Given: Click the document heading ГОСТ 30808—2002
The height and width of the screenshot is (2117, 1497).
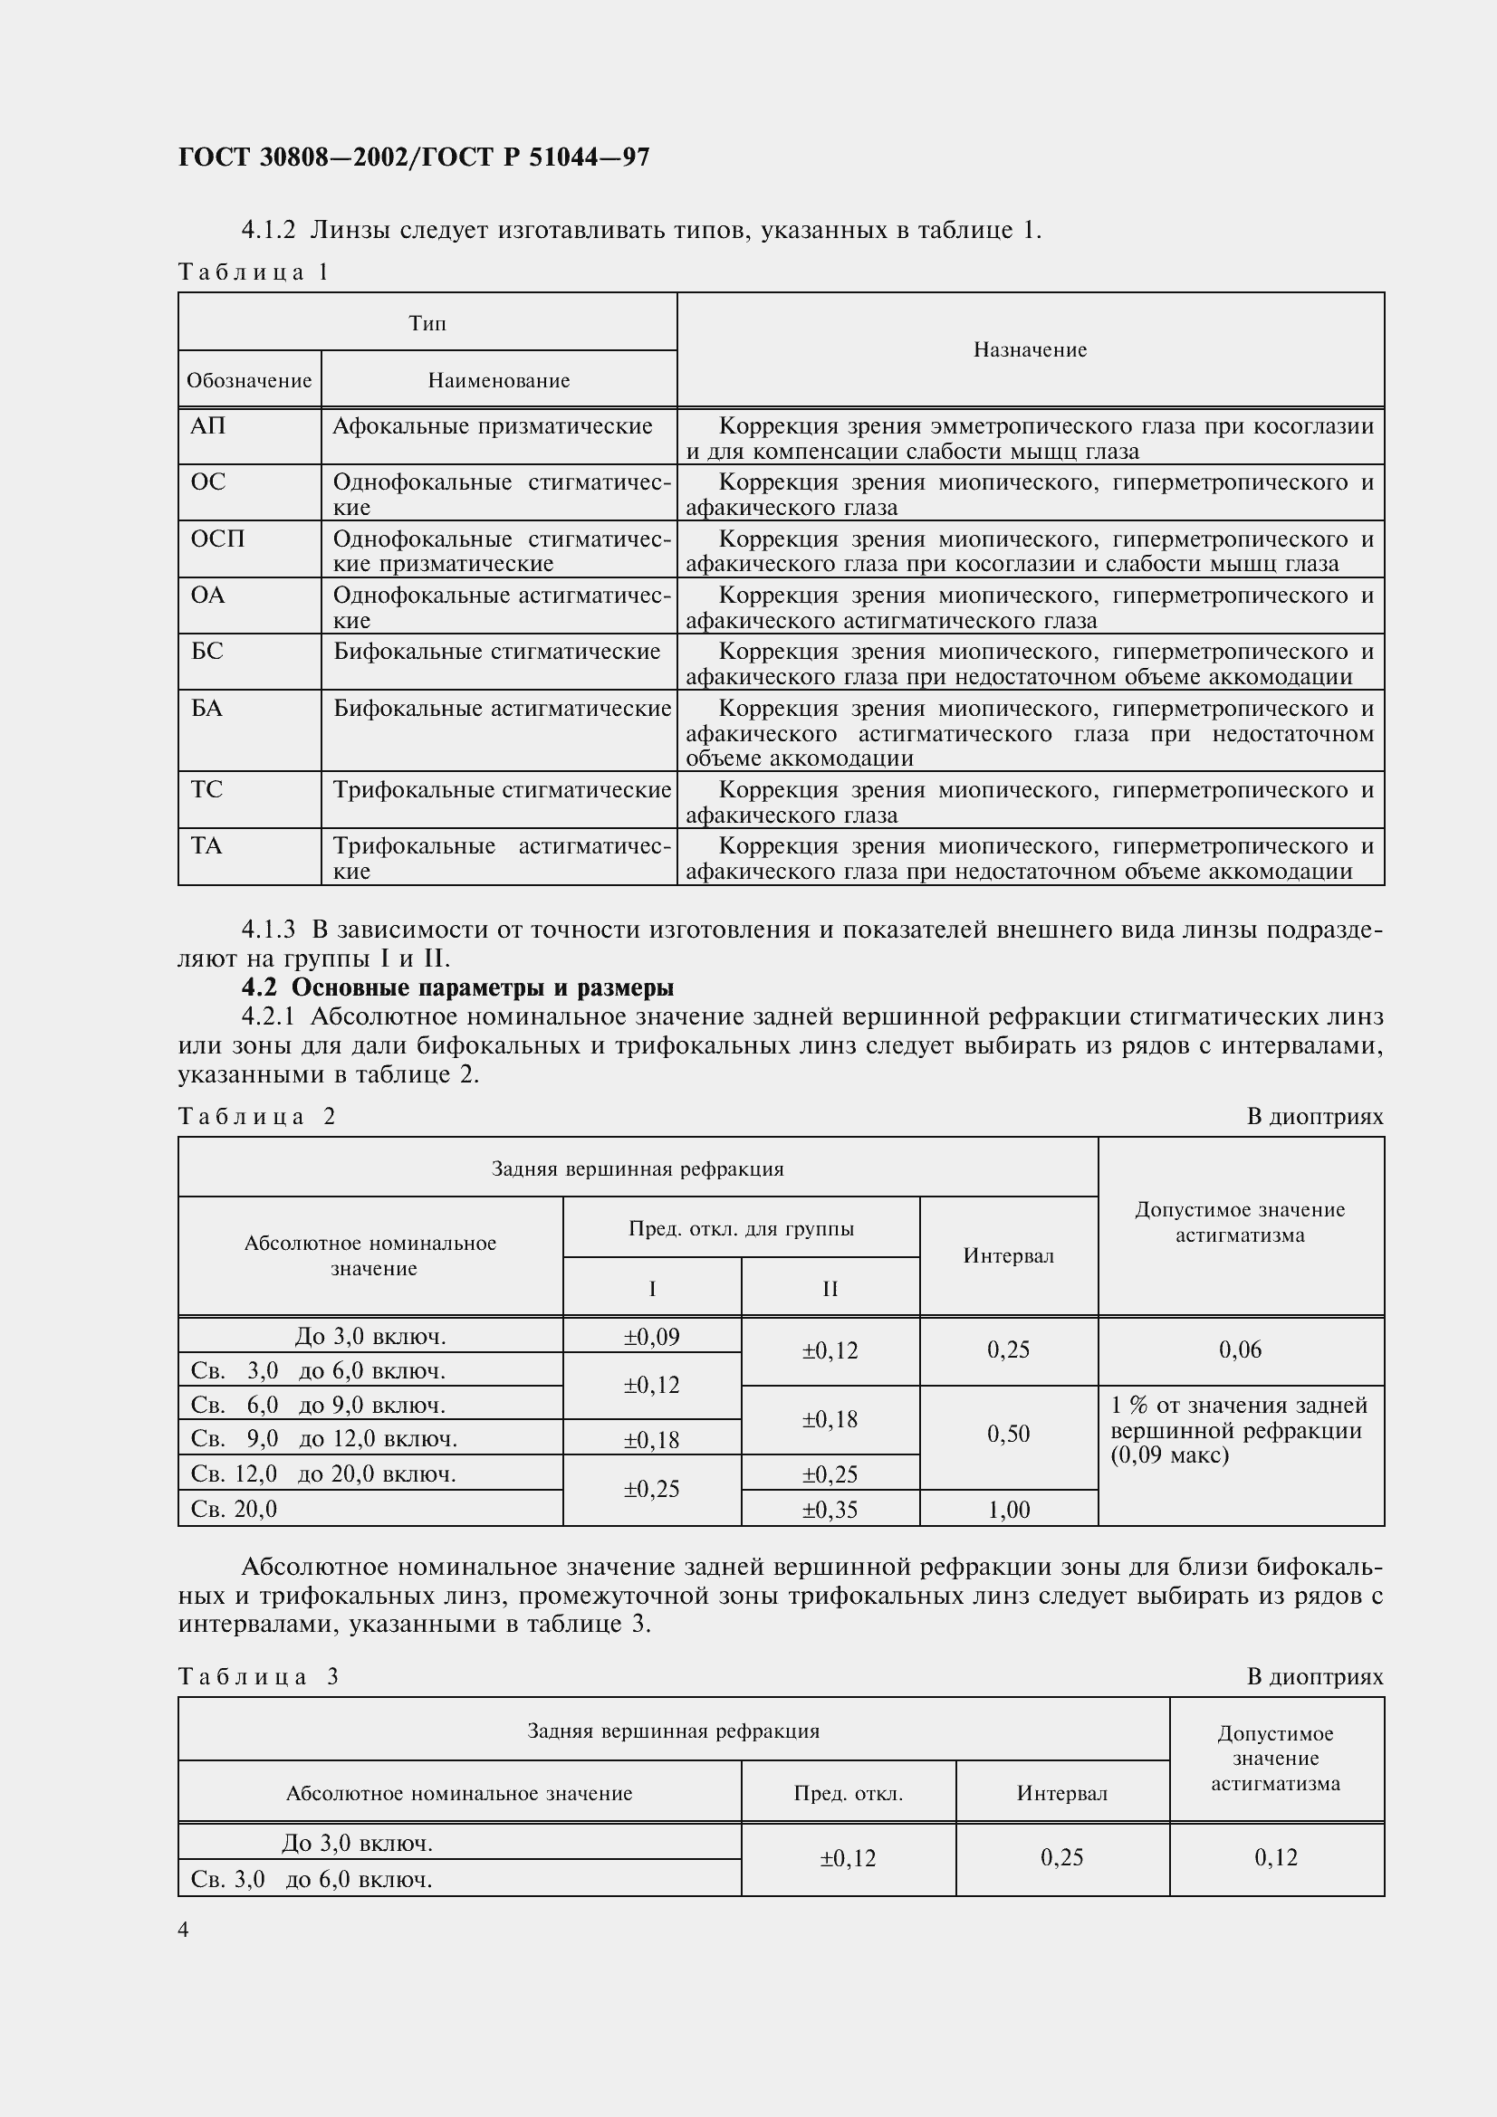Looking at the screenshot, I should [413, 157].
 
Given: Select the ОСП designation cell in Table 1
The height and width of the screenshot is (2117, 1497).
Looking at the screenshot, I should [217, 539].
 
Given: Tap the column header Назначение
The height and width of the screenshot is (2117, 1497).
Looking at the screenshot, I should [1030, 349].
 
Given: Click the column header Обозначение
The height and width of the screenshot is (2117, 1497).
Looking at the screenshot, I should [249, 380].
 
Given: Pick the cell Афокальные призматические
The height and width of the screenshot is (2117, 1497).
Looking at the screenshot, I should [492, 426].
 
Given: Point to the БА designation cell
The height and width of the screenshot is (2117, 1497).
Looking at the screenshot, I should [206, 708].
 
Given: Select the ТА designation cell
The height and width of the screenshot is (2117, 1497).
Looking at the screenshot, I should [206, 845].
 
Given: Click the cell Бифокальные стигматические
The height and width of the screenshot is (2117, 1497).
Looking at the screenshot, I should [496, 652].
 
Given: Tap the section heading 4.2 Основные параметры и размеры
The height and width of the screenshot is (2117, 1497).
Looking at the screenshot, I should [457, 987].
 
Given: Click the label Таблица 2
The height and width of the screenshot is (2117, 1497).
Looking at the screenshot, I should [256, 1117].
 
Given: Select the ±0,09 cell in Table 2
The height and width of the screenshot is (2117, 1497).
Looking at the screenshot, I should [651, 1336].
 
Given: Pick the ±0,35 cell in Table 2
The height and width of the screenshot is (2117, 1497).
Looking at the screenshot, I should [830, 1510].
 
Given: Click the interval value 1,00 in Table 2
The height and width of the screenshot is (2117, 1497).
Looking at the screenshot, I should [1008, 1510].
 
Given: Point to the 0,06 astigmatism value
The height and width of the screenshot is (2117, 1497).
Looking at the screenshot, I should [1240, 1349].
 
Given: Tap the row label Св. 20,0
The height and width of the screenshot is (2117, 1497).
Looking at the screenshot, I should [235, 1509].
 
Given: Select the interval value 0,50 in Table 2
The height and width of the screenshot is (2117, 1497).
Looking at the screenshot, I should [1008, 1434].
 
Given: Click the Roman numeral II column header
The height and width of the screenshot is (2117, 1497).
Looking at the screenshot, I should [830, 1288].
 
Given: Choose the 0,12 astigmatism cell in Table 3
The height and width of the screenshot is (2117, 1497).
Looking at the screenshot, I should [1276, 1857].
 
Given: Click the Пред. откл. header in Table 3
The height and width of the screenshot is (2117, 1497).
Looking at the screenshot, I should [848, 1793].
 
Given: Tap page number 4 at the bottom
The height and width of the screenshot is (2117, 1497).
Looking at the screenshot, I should [184, 1930].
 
